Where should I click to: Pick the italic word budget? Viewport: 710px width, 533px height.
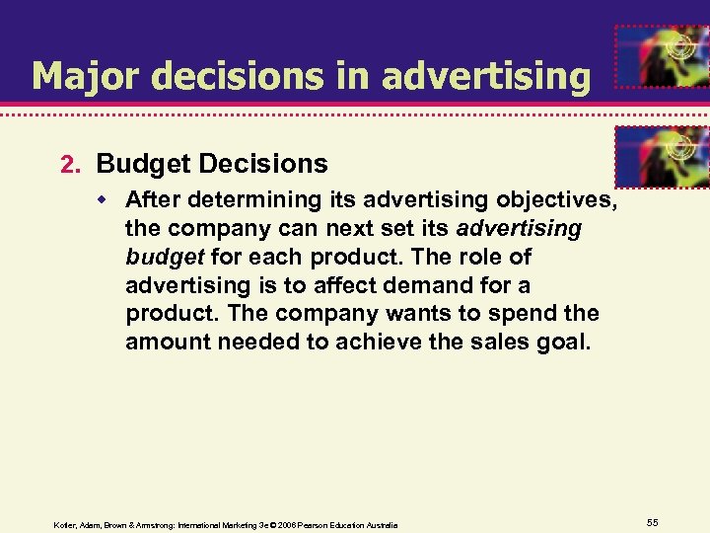(x=163, y=257)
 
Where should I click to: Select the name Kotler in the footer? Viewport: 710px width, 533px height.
(x=65, y=524)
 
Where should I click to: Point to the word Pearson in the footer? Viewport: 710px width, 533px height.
(x=313, y=524)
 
